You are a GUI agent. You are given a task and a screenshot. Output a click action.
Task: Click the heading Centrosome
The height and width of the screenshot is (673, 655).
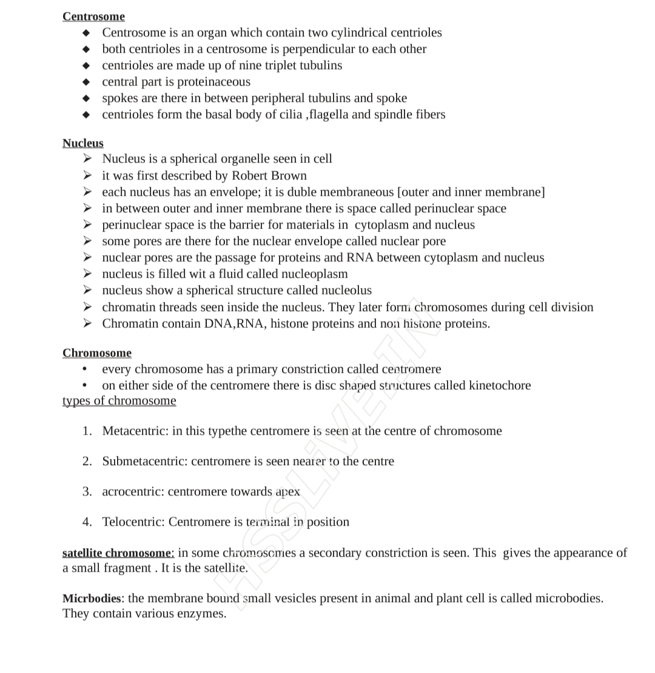click(x=93, y=16)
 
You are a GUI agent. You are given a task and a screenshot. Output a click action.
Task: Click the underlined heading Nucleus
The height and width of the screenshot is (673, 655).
click(x=82, y=143)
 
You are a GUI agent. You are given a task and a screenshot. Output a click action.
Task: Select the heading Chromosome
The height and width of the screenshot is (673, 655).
click(x=96, y=353)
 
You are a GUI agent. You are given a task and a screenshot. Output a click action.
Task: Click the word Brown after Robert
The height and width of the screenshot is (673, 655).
click(x=289, y=176)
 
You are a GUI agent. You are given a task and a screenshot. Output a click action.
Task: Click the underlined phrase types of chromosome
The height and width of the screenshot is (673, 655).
click(x=119, y=401)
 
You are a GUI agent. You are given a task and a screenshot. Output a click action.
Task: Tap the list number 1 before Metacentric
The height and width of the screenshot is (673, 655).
click(x=87, y=431)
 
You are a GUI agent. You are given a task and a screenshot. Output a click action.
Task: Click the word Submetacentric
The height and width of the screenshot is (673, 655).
click(x=144, y=461)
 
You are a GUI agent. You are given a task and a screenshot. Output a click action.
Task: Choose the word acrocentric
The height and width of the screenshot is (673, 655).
click(x=132, y=492)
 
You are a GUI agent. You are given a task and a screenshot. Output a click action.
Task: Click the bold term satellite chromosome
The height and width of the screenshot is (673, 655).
click(x=118, y=553)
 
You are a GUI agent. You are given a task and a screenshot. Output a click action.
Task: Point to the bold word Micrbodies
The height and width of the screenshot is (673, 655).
click(x=92, y=598)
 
